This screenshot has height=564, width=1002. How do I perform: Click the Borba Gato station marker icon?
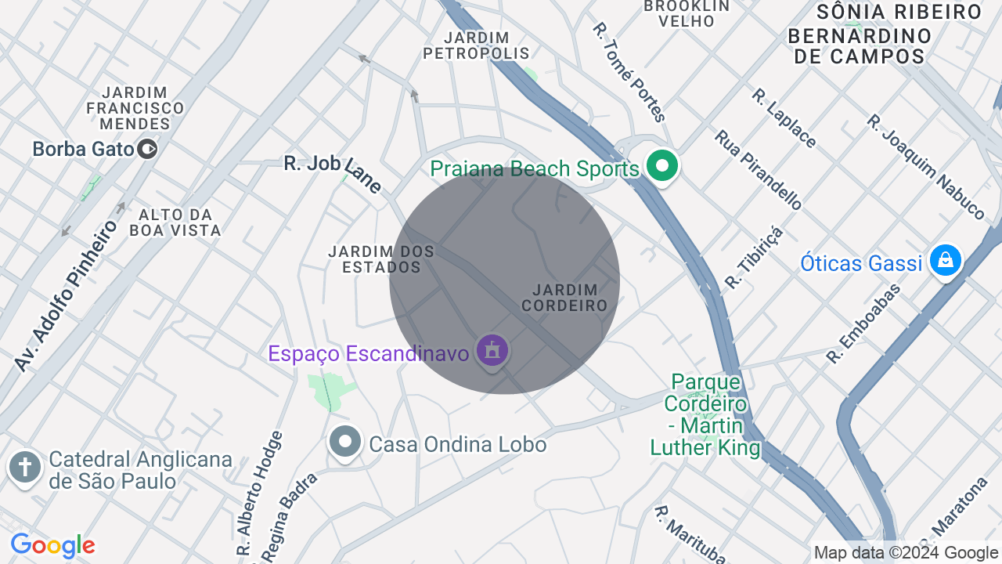147,148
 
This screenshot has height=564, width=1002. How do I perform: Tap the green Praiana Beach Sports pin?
662,166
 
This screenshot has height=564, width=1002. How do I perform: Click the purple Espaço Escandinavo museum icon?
492,350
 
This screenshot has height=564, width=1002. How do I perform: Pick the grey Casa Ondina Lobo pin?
344,442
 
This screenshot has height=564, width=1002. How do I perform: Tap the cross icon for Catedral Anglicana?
25,468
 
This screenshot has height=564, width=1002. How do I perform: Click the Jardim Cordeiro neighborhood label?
564,298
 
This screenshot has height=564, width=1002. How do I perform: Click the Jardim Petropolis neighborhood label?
476,45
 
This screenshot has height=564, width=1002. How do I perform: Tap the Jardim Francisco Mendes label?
135,108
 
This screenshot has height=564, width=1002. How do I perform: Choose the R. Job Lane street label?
333,173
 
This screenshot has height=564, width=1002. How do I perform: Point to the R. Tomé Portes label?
629,72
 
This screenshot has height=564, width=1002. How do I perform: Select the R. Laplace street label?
784,117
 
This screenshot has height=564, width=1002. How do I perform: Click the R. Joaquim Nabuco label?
925,167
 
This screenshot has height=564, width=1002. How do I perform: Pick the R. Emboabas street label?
863,324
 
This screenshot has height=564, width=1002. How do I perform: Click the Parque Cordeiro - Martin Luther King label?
705,414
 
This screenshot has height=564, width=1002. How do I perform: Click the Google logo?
52,545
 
